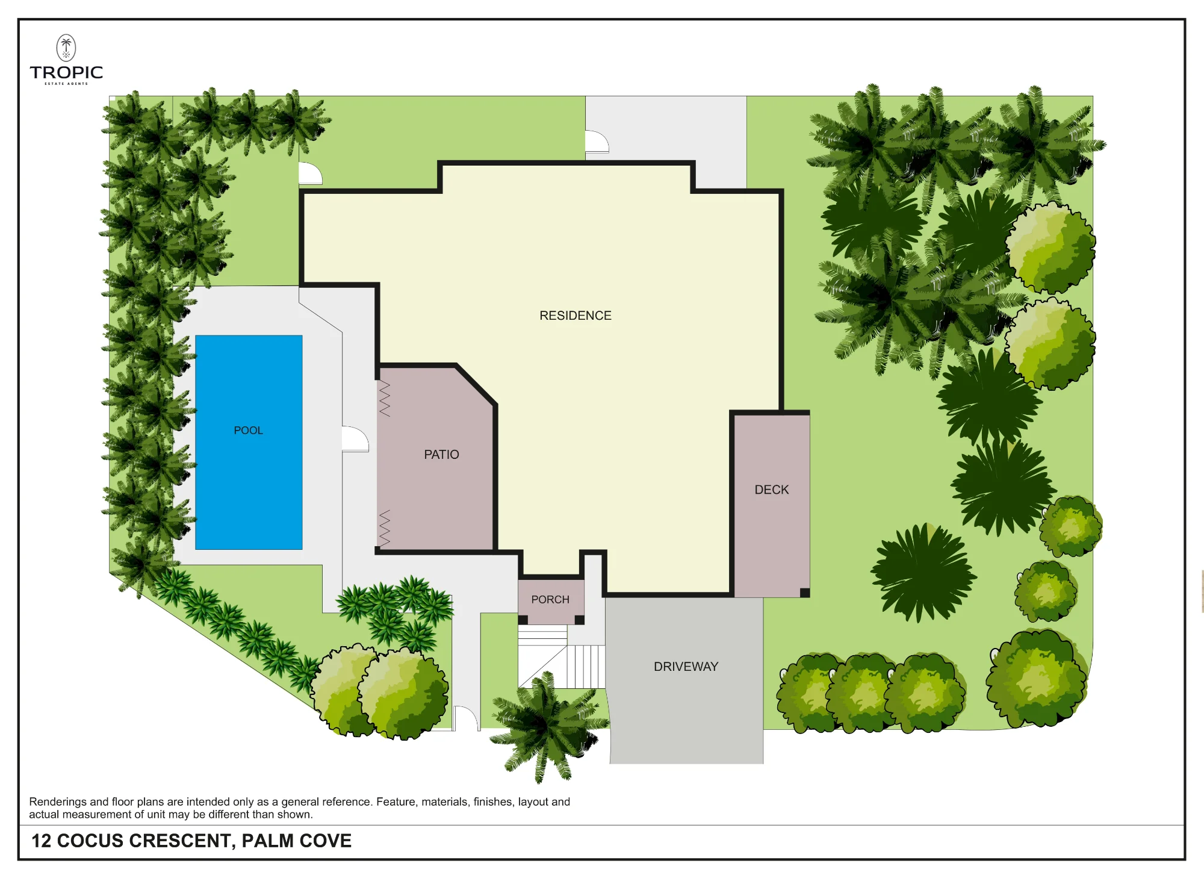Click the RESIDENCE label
576,316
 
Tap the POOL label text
249,431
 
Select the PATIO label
441,455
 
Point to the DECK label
772,490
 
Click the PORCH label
550,600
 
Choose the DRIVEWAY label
686,667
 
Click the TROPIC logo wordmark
66,73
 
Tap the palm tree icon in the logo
66,48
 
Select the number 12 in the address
41,841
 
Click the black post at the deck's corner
805,593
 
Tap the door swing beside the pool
355,439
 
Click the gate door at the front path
465,718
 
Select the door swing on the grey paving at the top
597,142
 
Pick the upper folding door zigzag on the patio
385,399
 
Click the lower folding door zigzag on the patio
385,528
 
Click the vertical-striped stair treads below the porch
586,667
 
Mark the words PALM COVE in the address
297,841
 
